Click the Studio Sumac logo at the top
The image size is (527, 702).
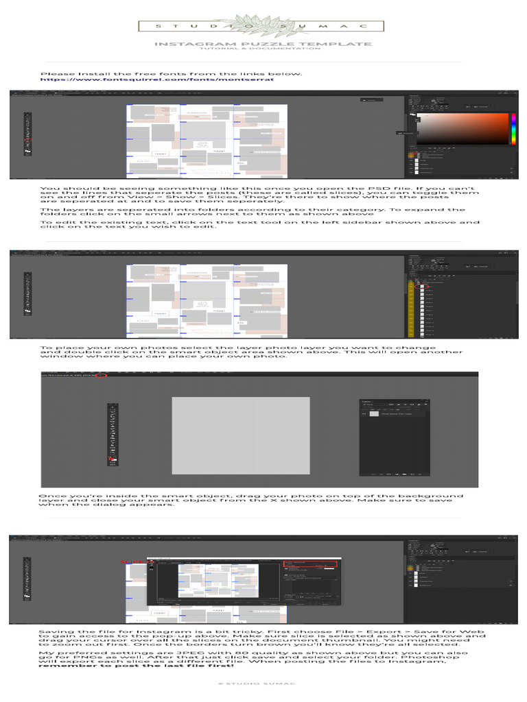(263, 26)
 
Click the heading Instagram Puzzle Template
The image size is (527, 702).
(263, 44)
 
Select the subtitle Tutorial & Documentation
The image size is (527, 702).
(263, 49)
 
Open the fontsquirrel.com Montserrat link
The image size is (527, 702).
(157, 80)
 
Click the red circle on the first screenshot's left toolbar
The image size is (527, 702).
(28, 139)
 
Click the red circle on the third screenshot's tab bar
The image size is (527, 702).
(102, 376)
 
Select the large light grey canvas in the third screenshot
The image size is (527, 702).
(240, 436)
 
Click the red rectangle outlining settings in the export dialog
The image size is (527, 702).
(312, 566)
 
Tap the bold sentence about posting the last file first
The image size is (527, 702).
(136, 666)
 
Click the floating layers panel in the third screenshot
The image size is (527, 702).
(395, 437)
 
